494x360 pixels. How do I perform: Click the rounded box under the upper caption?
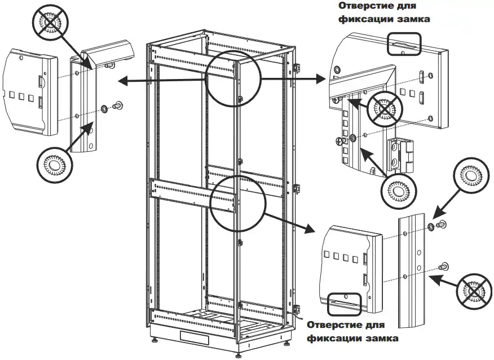(x=404, y=44)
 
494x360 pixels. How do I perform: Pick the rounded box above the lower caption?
(x=345, y=304)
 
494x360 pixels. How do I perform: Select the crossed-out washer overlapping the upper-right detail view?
(x=385, y=109)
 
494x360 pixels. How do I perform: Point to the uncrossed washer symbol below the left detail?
(x=55, y=165)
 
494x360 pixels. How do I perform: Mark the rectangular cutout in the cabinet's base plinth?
(x=195, y=337)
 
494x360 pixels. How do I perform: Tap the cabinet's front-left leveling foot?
(x=155, y=340)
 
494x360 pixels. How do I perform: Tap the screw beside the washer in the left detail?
(x=118, y=105)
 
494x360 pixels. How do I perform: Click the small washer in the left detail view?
(x=104, y=109)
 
